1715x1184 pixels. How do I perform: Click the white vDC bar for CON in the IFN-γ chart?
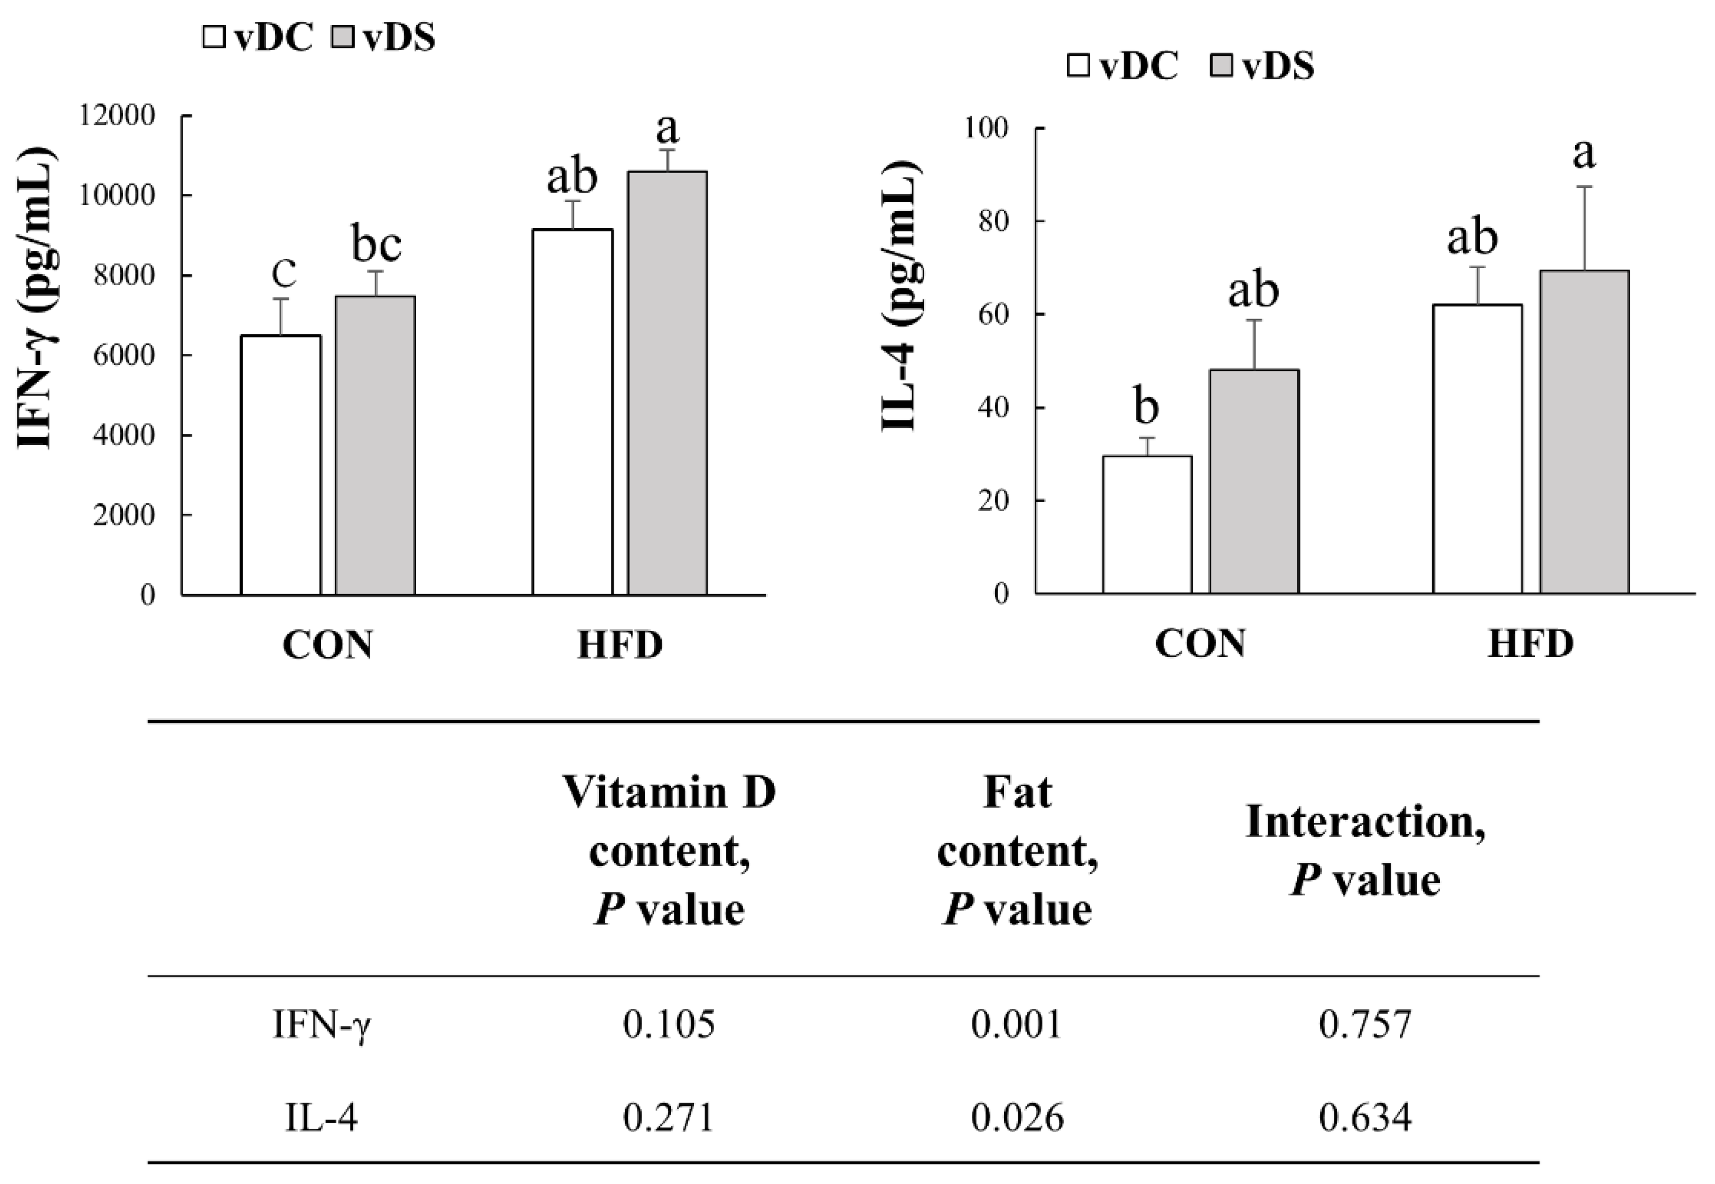[x=281, y=465]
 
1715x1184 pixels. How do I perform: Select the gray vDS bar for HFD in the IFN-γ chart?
[x=667, y=383]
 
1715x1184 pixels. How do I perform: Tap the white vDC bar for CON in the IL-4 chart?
[x=1147, y=525]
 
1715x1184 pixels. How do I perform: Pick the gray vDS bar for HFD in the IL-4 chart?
[x=1584, y=432]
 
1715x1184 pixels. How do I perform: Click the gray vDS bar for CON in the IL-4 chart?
[x=1255, y=481]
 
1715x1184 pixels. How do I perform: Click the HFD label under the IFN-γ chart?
[x=620, y=645]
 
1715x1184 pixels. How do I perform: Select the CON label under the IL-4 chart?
[x=1200, y=643]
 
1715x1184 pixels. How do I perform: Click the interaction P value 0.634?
[x=1364, y=1118]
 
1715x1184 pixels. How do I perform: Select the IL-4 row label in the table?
[x=321, y=1118]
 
